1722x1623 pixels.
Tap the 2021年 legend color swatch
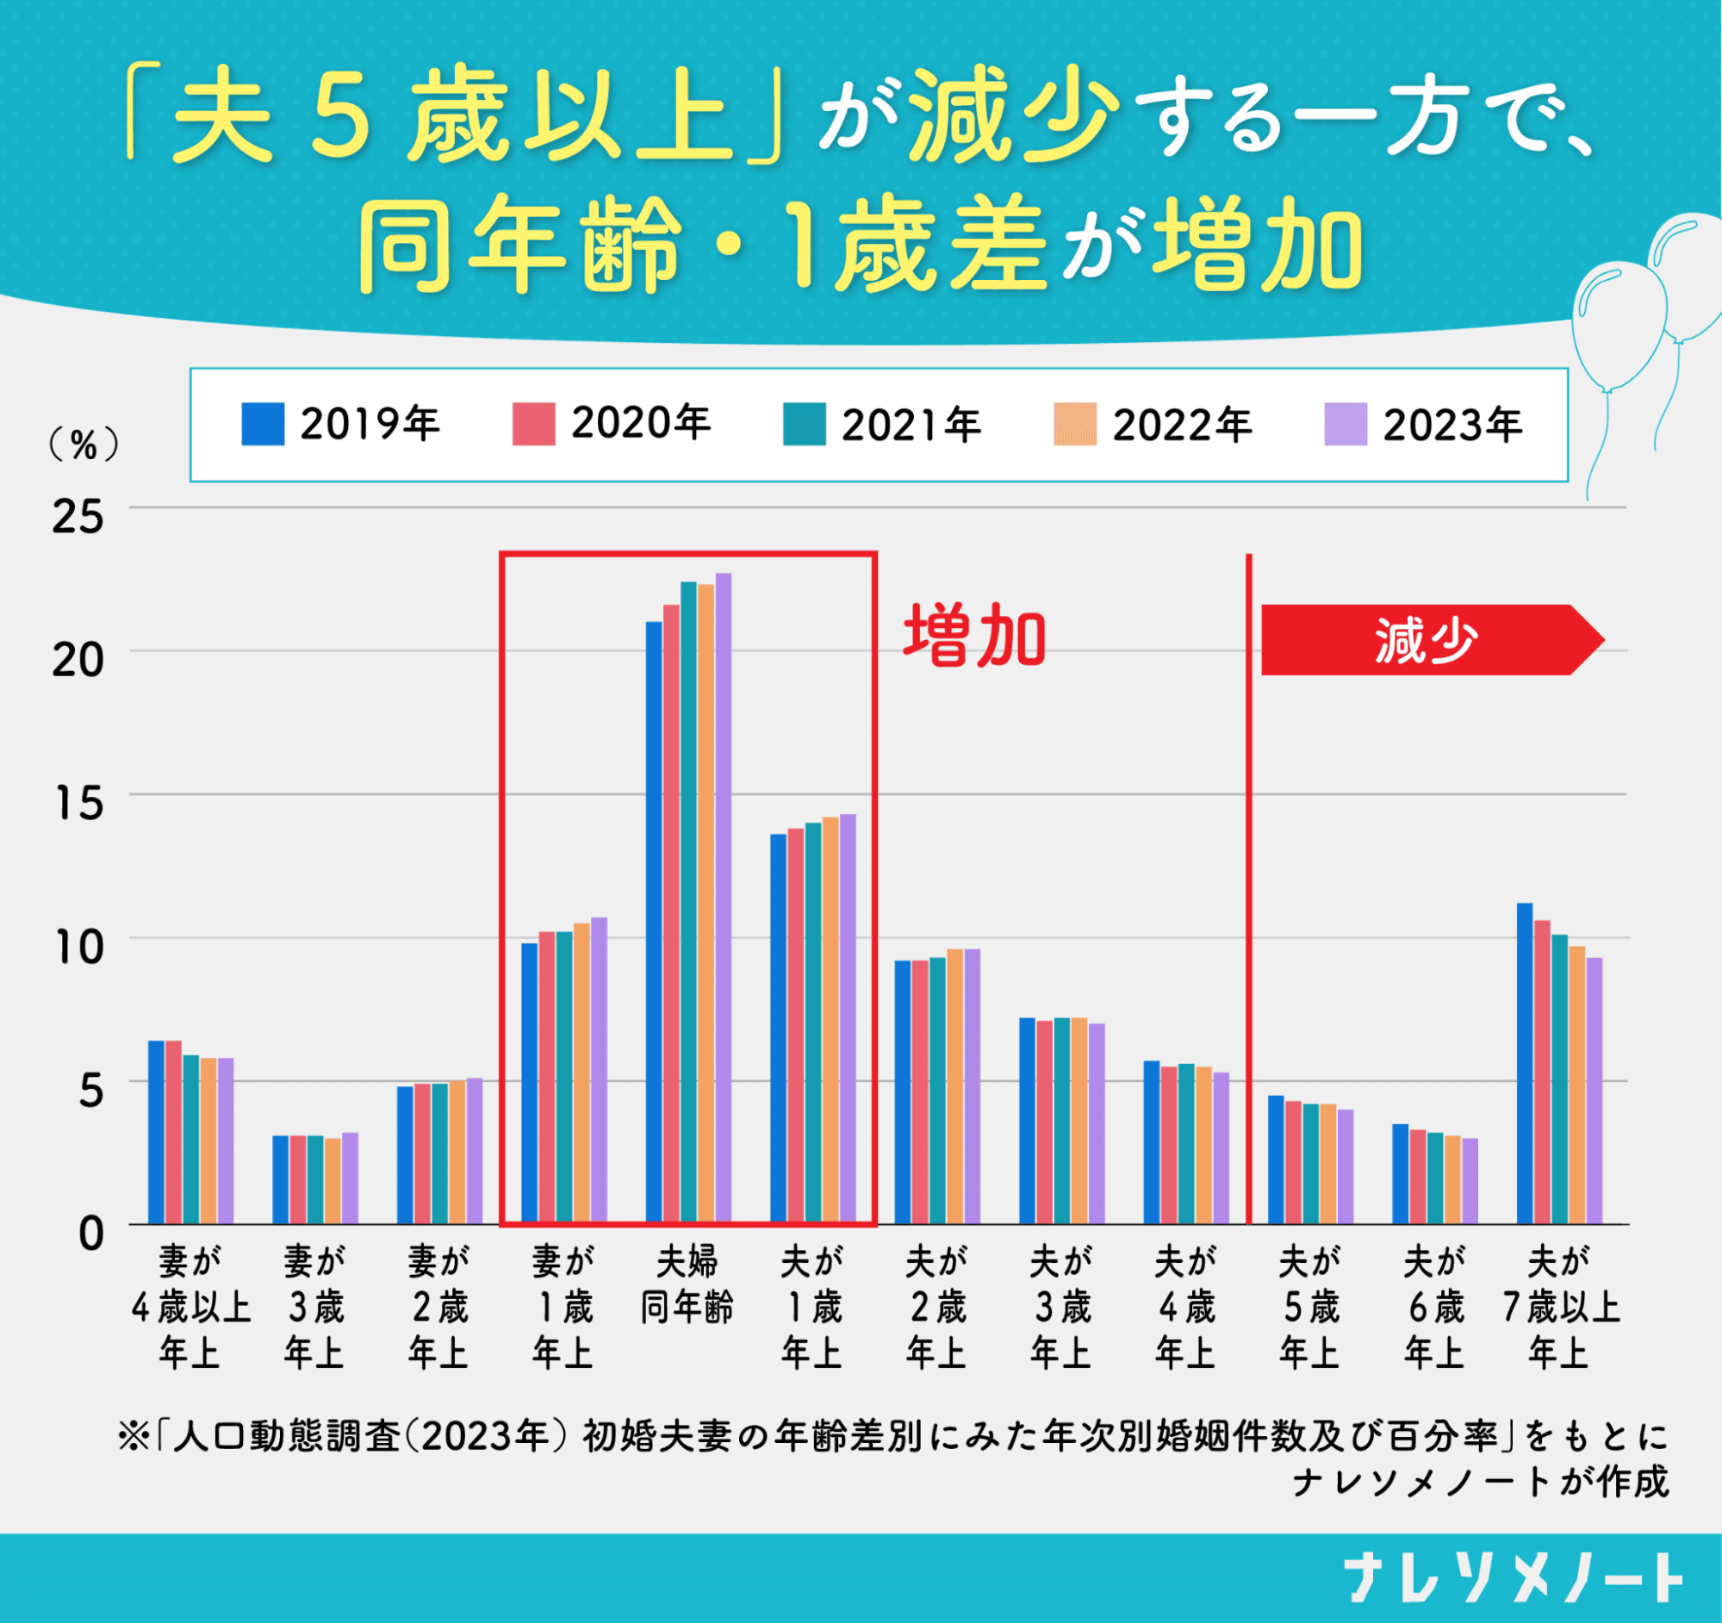pyautogui.click(x=804, y=425)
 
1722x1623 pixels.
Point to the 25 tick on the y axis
pyautogui.click(x=77, y=517)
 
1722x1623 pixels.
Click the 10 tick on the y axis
pyautogui.click(x=77, y=947)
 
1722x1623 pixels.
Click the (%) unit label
pyautogui.click(x=84, y=445)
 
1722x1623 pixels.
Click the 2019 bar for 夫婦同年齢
pyautogui.click(x=654, y=923)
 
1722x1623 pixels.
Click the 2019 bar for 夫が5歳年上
pyautogui.click(x=1276, y=1160)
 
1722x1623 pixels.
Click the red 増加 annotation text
pyautogui.click(x=975, y=637)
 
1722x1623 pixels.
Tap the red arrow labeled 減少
pyautogui.click(x=1429, y=640)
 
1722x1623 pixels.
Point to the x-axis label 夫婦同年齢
pyautogui.click(x=687, y=1284)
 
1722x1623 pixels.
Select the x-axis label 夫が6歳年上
pyautogui.click(x=1434, y=1307)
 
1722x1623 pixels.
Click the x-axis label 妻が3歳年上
pyautogui.click(x=314, y=1307)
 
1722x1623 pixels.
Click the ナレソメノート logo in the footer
pyautogui.click(x=1513, y=1578)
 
